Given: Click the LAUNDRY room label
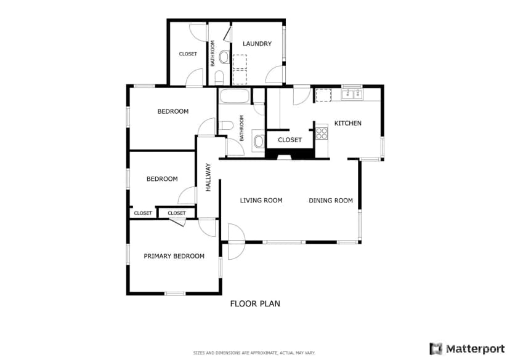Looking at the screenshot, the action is pos(257,44).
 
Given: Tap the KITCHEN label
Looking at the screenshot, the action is pos(347,123).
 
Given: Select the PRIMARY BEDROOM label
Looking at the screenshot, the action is pos(174,256).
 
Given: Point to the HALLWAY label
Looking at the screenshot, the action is pos(208,177).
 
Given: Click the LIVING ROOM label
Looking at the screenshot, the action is pos(261,201).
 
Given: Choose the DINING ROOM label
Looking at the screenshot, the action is pos(331,201).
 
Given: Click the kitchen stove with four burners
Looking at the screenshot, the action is pos(322,134).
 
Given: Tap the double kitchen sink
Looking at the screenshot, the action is pos(352,95).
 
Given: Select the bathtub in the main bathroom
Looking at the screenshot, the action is pos(235,96).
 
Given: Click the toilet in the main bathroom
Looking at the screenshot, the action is pos(225,126).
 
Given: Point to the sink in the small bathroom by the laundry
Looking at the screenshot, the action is pos(224,57).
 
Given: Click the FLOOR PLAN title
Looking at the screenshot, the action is pos(255,304).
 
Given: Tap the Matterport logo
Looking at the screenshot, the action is pos(467,349).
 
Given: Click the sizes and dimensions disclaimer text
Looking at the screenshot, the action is pos(254,353).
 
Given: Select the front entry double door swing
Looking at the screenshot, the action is pos(236,241).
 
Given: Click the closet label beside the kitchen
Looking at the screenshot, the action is pos(290,140).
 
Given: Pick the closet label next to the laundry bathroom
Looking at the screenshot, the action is pos(188,54).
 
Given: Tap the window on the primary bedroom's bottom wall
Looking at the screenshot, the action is pos(175,294).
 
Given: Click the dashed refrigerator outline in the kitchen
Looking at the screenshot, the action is pos(323,95).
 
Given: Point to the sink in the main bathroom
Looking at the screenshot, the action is pos(259,142).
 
